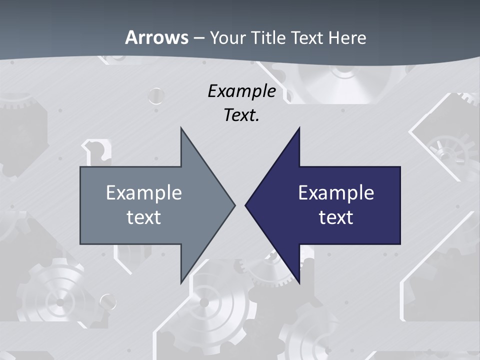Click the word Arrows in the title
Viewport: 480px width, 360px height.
coord(156,37)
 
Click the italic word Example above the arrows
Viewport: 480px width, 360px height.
coord(241,91)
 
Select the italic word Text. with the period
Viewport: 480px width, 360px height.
coord(241,115)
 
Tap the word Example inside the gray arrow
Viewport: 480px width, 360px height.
coord(144,193)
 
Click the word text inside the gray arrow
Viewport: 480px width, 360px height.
coord(144,217)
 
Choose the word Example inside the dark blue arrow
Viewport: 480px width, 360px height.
coord(336,193)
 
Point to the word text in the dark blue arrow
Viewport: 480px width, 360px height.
coord(336,217)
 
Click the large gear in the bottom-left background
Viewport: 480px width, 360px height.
coord(60,300)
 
